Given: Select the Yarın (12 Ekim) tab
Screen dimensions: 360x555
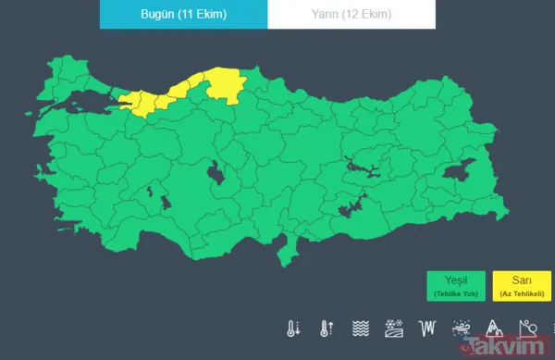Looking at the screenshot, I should click(351, 15).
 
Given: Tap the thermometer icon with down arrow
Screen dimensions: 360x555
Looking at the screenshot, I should click(293, 328).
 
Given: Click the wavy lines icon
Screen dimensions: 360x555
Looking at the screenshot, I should click(360, 328).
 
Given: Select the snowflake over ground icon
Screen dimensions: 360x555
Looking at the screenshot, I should click(393, 328).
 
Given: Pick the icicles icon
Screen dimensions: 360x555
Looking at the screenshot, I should click(426, 328).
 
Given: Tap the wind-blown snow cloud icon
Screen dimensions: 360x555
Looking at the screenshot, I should click(460, 328).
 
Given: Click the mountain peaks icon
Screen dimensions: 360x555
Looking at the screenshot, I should click(493, 328).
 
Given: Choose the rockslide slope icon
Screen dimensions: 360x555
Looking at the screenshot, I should click(526, 328).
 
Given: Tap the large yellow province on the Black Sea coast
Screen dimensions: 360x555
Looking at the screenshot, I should click(222, 85).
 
